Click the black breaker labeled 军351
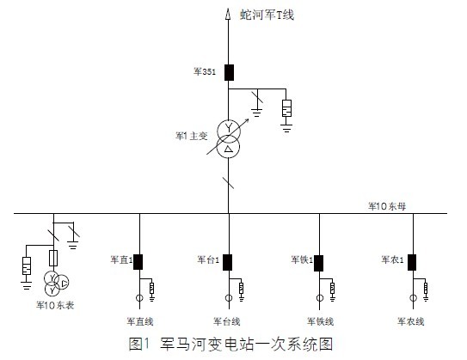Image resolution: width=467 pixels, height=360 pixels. pyautogui.click(x=229, y=72)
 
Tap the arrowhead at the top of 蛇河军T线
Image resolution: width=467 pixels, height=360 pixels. pyautogui.click(x=228, y=14)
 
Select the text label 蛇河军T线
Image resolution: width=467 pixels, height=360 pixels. pyautogui.click(x=267, y=15)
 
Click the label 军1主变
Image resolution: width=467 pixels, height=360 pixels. pyautogui.click(x=191, y=137)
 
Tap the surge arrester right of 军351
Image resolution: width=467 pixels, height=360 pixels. pyautogui.click(x=286, y=108)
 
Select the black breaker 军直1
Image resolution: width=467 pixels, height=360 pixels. pyautogui.click(x=138, y=262)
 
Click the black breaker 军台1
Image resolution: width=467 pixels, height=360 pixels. pyautogui.click(x=228, y=262)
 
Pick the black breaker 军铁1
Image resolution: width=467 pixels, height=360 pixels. pyautogui.click(x=319, y=263)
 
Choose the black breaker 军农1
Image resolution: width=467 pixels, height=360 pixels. pyautogui.click(x=412, y=262)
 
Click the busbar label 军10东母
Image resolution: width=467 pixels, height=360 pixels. pyautogui.click(x=387, y=206)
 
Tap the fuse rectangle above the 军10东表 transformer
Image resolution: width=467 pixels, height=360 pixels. pyautogui.click(x=53, y=258)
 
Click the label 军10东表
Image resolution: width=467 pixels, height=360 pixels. pyautogui.click(x=55, y=305)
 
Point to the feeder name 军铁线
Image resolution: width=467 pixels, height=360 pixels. pyautogui.click(x=321, y=321)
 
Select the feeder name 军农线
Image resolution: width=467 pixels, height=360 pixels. pyautogui.click(x=411, y=321)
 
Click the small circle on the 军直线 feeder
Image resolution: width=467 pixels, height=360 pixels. pyautogui.click(x=139, y=297)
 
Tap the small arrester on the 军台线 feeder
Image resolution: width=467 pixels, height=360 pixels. pyautogui.click(x=242, y=288)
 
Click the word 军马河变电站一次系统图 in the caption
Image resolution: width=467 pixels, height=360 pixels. pyautogui.click(x=246, y=345)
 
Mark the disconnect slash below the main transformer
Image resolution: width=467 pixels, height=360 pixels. pyautogui.click(x=229, y=183)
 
